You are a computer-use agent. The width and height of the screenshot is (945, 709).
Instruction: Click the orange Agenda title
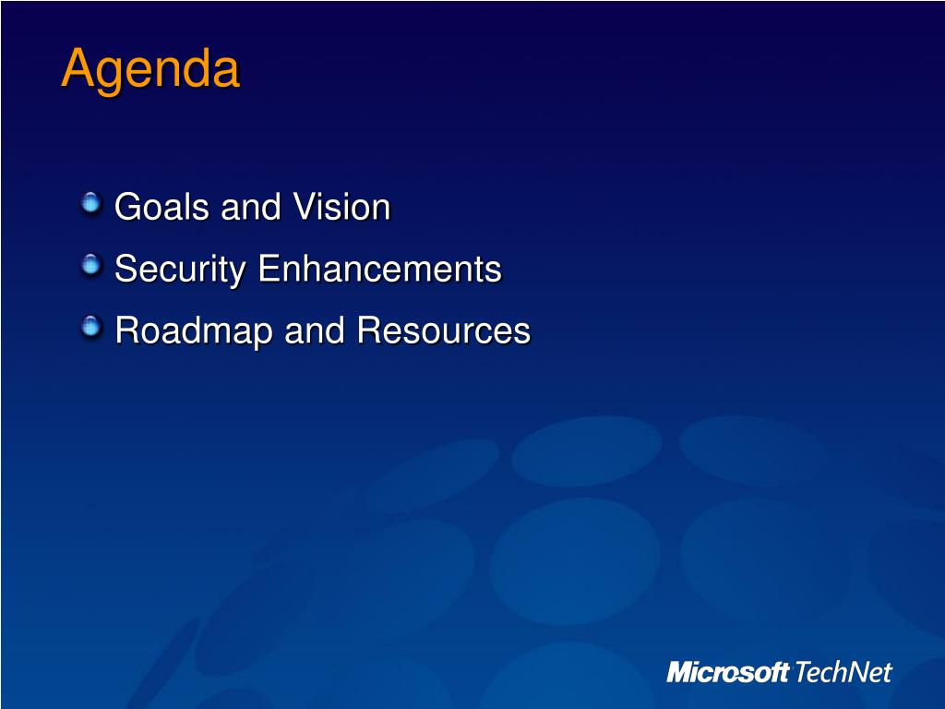(x=150, y=70)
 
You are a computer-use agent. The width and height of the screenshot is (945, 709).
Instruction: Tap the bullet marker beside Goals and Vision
(x=91, y=202)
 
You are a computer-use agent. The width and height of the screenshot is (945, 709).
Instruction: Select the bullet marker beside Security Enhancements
(x=91, y=264)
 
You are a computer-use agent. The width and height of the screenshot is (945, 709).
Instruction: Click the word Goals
(x=161, y=207)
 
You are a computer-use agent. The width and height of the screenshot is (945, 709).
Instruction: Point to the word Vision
(x=341, y=207)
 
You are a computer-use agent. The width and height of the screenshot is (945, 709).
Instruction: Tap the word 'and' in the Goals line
(x=251, y=207)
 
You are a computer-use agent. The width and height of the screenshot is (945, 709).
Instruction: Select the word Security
(x=180, y=270)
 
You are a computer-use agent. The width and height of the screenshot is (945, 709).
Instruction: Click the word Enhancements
(x=379, y=269)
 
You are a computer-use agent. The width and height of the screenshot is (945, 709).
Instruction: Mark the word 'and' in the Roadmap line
(x=314, y=330)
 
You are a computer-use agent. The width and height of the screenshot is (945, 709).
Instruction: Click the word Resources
(x=444, y=330)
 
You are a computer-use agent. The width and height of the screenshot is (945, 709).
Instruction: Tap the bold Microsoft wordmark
(x=727, y=672)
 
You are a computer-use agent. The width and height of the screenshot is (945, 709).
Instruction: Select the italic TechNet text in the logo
(x=843, y=672)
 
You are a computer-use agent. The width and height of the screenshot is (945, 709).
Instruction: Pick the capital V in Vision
(x=305, y=207)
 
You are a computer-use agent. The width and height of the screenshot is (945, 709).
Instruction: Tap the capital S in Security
(x=126, y=269)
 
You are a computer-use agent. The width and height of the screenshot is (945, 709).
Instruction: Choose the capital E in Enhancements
(x=269, y=269)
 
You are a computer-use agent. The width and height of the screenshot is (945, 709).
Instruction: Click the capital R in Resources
(x=369, y=330)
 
